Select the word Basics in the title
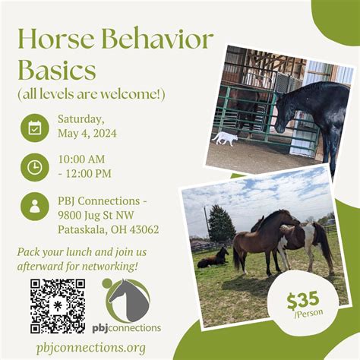pos(57,70)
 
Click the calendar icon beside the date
pos(35,128)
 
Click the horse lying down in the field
pos(213,258)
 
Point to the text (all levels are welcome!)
pos(92,94)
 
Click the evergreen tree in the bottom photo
pos(221,223)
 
